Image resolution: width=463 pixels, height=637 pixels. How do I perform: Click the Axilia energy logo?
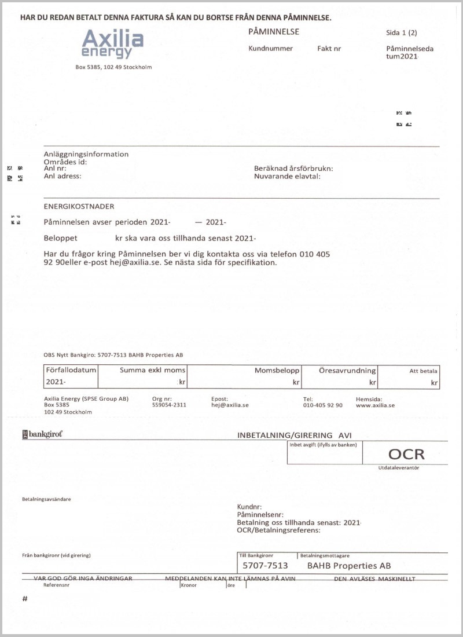pos(112,45)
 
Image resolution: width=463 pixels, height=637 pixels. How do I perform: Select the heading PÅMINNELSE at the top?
pos(273,32)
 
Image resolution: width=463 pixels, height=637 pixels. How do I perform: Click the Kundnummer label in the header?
pos(270,49)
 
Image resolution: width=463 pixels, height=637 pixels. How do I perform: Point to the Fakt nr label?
pos(329,49)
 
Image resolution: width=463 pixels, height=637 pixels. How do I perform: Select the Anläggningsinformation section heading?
pos(86,154)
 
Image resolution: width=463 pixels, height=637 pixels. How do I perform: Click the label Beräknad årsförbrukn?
pos(293,169)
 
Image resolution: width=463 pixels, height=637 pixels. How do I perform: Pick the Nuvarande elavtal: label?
pos(287,176)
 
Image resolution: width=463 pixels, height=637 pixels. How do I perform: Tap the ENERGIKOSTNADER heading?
pos(79,206)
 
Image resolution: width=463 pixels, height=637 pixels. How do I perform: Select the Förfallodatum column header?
pos(71,370)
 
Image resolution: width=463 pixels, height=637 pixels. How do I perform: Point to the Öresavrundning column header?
pos(347,370)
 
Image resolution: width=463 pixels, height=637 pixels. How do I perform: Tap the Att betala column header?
pos(424,371)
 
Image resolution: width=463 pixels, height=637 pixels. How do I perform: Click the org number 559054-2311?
pos(168,405)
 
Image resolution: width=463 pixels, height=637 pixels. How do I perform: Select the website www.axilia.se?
pos(375,405)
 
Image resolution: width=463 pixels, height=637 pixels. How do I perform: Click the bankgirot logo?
pos(42,434)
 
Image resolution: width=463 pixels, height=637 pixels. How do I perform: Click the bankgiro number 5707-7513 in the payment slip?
pos(265,565)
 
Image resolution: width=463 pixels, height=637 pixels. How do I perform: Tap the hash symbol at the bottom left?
pos(25,599)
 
